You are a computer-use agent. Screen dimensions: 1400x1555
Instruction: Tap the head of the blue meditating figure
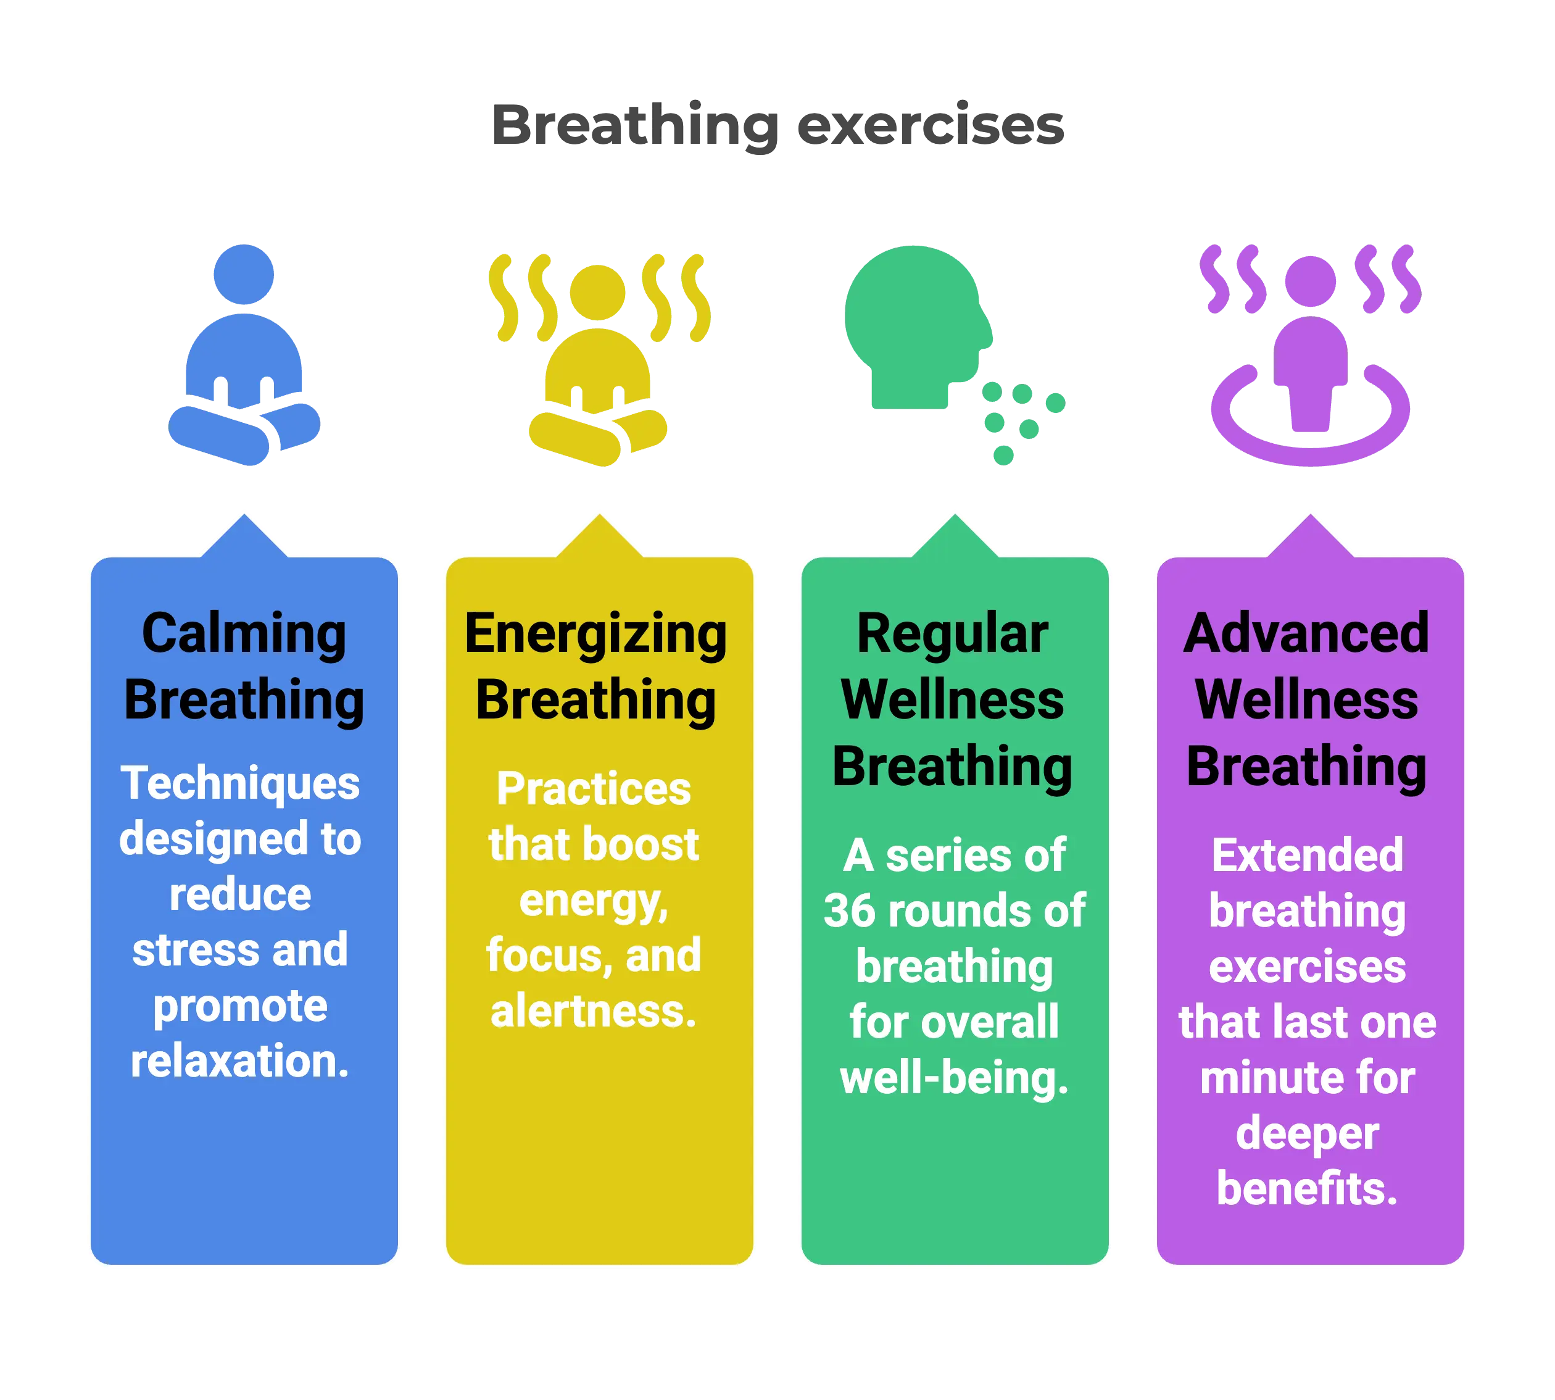[x=244, y=274]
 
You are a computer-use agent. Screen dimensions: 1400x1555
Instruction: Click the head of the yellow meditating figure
[x=599, y=293]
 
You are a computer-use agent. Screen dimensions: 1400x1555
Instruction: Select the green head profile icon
[x=915, y=323]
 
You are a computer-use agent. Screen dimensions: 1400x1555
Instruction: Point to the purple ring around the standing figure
[x=1309, y=446]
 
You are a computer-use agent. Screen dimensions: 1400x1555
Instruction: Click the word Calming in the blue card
[x=244, y=634]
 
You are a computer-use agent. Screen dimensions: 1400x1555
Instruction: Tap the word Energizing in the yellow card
[x=596, y=635]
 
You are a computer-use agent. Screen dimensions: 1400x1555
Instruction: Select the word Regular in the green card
[x=952, y=634]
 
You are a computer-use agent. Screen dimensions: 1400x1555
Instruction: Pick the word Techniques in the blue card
[x=240, y=783]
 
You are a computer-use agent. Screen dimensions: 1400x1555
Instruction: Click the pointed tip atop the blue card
[x=244, y=514]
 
